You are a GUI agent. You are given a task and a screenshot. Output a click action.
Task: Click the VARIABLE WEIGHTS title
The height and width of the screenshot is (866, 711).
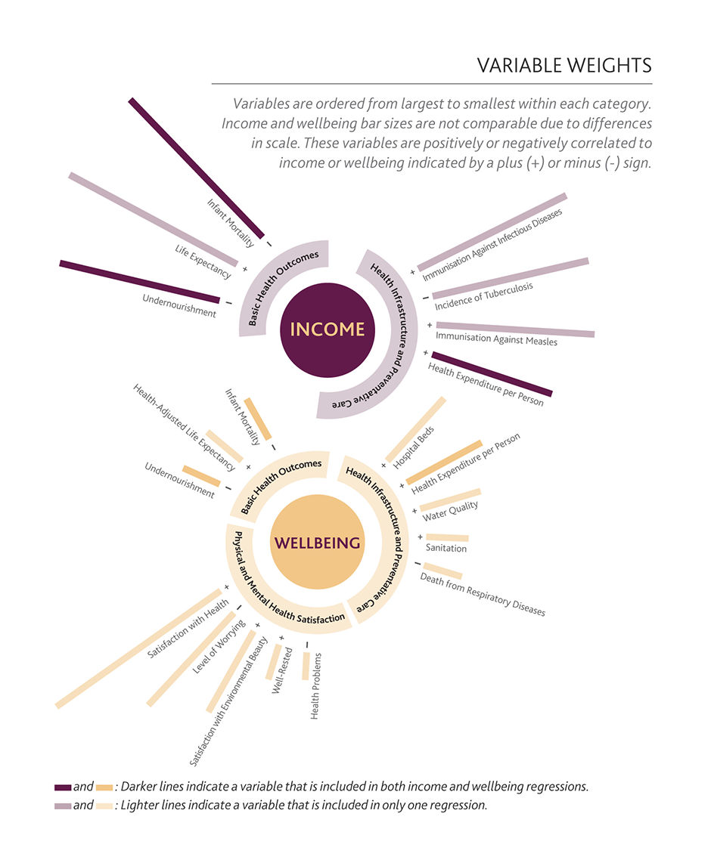click(x=564, y=65)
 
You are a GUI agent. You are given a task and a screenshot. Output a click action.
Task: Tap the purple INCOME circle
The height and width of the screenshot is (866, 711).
click(x=328, y=329)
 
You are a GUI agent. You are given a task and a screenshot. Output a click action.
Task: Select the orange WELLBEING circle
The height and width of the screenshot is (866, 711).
click(x=318, y=542)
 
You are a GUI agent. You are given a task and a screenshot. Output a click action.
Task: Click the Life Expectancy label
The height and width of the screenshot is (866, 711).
click(x=203, y=261)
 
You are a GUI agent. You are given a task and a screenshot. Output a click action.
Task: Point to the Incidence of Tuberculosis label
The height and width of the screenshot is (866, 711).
click(x=484, y=296)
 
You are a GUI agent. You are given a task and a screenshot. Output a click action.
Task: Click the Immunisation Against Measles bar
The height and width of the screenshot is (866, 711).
click(x=515, y=329)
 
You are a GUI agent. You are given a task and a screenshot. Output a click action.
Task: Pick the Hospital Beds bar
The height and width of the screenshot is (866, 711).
click(x=416, y=429)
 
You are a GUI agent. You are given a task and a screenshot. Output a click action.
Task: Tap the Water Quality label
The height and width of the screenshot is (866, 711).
click(x=451, y=511)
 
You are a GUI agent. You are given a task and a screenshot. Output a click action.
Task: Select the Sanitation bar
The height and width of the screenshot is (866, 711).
click(x=447, y=537)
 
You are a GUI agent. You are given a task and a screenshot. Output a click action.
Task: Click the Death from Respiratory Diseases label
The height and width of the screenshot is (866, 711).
click(x=483, y=594)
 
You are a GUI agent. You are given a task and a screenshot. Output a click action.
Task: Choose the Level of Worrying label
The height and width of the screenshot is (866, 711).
click(x=219, y=646)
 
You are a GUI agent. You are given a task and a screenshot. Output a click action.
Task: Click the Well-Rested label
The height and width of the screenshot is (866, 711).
click(x=282, y=670)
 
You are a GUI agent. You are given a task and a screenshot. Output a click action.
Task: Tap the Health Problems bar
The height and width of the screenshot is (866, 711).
click(x=306, y=666)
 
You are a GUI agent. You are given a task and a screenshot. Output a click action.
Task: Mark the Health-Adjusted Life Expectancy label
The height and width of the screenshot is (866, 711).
click(x=184, y=428)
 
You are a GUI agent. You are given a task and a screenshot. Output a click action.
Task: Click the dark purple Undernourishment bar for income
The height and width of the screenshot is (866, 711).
click(x=139, y=281)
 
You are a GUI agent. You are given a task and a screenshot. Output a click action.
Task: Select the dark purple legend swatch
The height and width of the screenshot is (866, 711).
click(x=63, y=787)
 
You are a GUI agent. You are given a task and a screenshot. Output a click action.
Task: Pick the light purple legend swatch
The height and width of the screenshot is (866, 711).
click(x=63, y=806)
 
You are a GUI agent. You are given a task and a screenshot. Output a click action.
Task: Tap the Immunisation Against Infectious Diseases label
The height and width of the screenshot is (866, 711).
click(x=492, y=245)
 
